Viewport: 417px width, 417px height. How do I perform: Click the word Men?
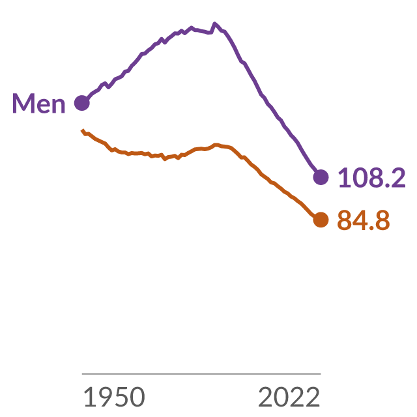(x=39, y=103)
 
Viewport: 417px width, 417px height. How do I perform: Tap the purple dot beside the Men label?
(x=82, y=103)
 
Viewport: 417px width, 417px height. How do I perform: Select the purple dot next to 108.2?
(x=321, y=177)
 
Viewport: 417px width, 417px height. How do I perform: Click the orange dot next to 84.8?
(x=321, y=220)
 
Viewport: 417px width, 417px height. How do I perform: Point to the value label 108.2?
(x=372, y=177)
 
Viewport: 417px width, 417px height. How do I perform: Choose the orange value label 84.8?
(x=364, y=220)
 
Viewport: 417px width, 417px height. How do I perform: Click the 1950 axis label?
(x=115, y=397)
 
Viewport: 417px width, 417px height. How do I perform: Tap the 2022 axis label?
(x=289, y=397)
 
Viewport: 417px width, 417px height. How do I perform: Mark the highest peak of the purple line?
(x=214, y=23)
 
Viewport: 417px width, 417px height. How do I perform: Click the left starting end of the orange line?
(x=82, y=130)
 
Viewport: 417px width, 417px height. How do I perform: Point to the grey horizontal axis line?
(x=201, y=373)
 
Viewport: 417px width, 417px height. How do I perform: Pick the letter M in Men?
(x=21, y=103)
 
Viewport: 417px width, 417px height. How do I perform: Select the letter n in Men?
(x=58, y=106)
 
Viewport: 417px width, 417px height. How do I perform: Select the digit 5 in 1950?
(x=122, y=397)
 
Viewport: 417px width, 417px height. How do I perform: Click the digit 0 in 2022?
(x=281, y=397)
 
